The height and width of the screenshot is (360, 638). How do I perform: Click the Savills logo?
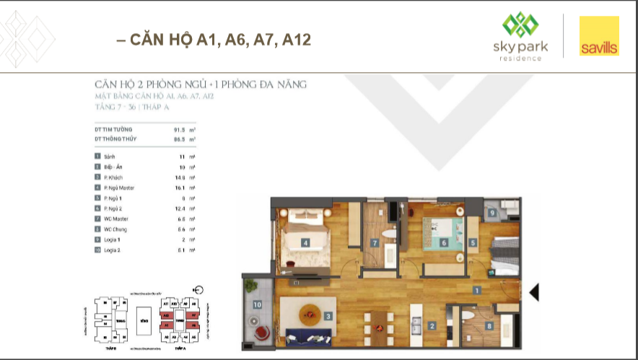click(599, 36)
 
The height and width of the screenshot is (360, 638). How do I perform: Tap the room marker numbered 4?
click(306, 243)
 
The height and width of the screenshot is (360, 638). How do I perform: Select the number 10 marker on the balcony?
click(257, 304)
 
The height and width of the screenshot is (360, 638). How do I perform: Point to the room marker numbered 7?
click(375, 243)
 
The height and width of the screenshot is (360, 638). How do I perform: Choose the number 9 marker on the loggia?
click(492, 214)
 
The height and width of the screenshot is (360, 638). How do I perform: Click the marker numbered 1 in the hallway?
click(477, 290)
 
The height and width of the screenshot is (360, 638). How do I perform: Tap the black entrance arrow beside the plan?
click(534, 292)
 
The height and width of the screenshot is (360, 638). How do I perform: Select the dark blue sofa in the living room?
click(307, 336)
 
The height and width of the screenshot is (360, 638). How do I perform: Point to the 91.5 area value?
click(170, 129)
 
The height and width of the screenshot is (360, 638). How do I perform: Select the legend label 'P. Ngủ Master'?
click(120, 188)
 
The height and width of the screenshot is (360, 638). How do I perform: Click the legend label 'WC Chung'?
click(116, 229)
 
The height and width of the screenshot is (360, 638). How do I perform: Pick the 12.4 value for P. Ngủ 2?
click(170, 208)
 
